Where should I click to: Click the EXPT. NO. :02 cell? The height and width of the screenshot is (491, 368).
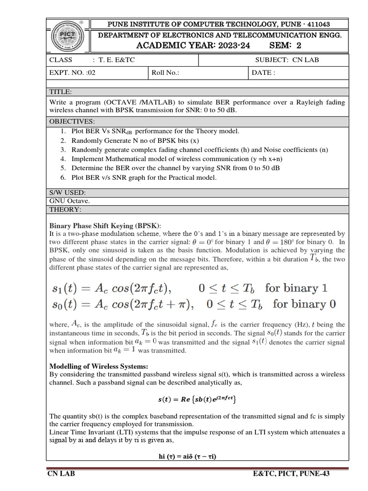click(68, 73)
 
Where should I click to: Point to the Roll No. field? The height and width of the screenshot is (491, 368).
click(165, 73)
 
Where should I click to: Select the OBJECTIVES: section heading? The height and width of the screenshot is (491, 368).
click(72, 121)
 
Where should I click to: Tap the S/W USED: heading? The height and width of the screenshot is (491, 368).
click(68, 192)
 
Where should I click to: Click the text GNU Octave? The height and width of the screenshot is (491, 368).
click(69, 201)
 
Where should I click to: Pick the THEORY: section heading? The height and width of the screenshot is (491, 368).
click(66, 210)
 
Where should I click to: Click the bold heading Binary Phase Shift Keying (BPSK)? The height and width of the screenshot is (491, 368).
click(105, 225)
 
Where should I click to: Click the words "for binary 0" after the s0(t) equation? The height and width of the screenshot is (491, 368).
click(304, 304)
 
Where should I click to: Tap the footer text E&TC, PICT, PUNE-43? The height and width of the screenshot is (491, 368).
click(291, 474)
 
